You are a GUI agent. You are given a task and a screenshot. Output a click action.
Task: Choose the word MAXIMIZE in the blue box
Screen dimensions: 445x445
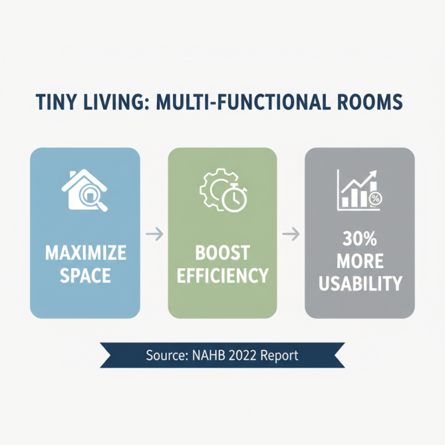tap(85, 254)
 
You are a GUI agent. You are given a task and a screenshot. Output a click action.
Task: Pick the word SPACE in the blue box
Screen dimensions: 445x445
tap(85, 275)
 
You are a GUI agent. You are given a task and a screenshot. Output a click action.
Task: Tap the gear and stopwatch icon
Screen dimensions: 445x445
tap(222, 191)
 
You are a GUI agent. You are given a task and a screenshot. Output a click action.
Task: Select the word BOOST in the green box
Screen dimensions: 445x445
tap(222, 254)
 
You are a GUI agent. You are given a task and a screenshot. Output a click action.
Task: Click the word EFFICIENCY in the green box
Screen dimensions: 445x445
tap(222, 275)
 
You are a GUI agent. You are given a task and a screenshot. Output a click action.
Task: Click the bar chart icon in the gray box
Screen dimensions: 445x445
tap(359, 191)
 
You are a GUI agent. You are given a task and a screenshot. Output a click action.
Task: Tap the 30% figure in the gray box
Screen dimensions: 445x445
tap(359, 241)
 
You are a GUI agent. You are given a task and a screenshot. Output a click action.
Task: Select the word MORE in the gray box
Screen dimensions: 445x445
tap(359, 262)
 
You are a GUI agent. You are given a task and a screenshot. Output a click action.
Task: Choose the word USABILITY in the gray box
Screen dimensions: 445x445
tap(359, 284)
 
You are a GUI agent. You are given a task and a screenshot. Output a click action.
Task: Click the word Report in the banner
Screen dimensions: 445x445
tap(280, 355)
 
